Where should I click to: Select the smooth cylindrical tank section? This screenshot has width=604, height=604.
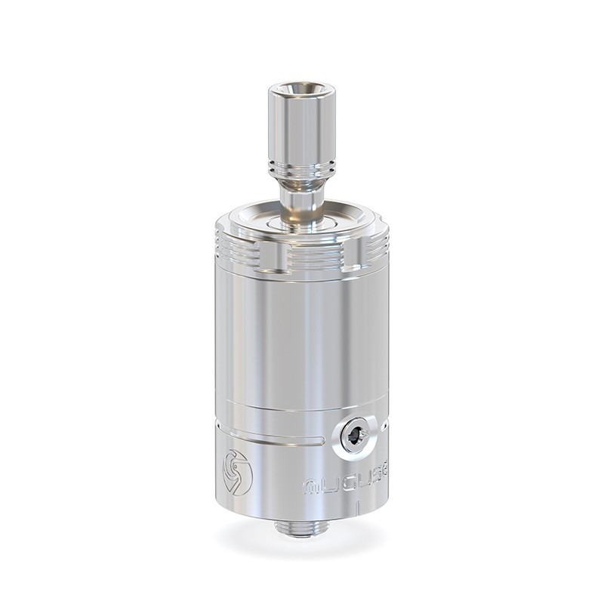tap(302, 340)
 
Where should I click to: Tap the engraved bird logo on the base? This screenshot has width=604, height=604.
tap(238, 472)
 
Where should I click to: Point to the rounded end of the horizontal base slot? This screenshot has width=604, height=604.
tap(323, 439)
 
